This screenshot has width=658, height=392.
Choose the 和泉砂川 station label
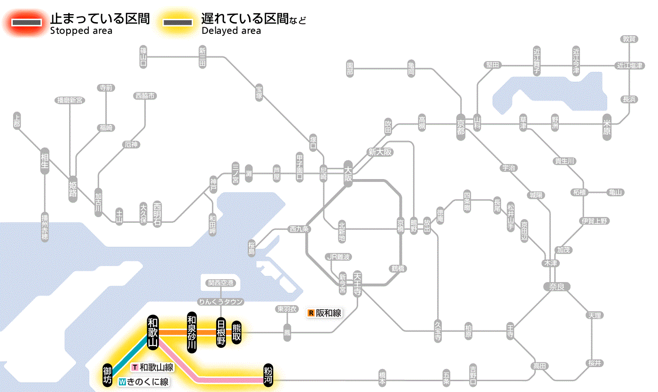191,332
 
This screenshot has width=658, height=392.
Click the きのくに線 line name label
144,382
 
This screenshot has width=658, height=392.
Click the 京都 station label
461,126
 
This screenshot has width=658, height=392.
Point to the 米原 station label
607,126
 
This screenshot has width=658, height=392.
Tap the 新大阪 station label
380,152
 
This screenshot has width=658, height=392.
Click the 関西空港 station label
220,282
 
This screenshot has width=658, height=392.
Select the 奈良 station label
556,286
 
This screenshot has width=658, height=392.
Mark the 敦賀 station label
629,39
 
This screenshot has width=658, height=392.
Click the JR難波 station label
339,257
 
